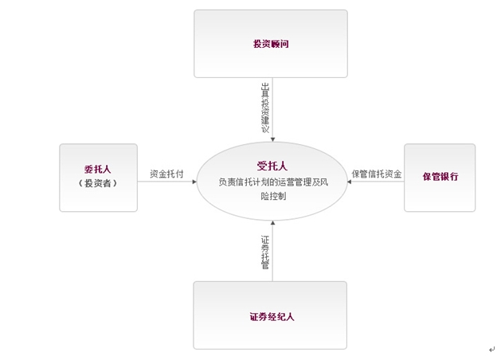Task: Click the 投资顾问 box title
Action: [x=271, y=44]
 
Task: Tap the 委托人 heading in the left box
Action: [x=98, y=169]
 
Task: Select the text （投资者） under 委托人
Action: [x=98, y=183]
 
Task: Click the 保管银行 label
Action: [x=440, y=177]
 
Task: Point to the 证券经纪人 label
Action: [x=272, y=316]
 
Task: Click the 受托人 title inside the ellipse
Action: [x=272, y=166]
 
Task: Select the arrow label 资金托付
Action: [x=166, y=174]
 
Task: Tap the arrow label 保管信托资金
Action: [x=377, y=174]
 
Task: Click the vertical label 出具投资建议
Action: [x=265, y=108]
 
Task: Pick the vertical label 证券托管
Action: [x=265, y=252]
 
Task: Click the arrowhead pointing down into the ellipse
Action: [x=272, y=139]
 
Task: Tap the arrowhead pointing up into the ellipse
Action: [x=272, y=223]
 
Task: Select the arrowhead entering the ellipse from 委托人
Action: [x=194, y=182]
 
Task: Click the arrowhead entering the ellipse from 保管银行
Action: [x=349, y=182]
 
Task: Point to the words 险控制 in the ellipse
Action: [x=273, y=196]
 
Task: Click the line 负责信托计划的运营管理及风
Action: [x=273, y=182]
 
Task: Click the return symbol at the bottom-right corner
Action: [x=491, y=350]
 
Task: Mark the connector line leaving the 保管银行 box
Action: [x=376, y=182]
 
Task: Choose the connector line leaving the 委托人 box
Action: [x=167, y=182]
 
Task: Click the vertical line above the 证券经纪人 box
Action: [x=272, y=252]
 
